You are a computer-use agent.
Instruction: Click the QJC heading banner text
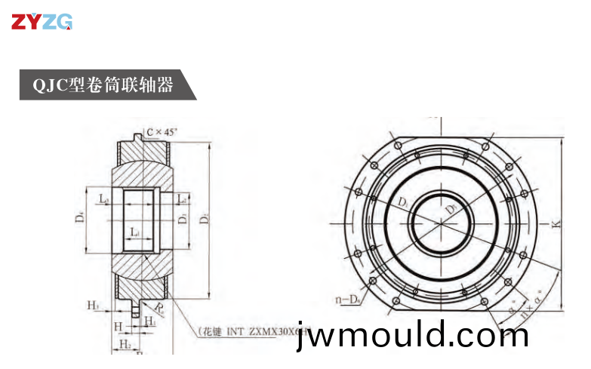(103, 84)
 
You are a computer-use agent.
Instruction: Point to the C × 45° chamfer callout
(162, 132)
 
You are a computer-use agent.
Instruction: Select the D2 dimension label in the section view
(204, 219)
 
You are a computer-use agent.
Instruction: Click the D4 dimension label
(78, 219)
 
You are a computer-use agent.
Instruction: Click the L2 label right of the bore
(181, 199)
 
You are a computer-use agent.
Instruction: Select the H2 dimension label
(125, 344)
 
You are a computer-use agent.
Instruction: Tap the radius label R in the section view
(159, 307)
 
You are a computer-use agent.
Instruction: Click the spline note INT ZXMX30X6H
(253, 331)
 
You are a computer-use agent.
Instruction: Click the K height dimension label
(556, 224)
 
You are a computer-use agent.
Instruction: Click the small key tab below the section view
(136, 309)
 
